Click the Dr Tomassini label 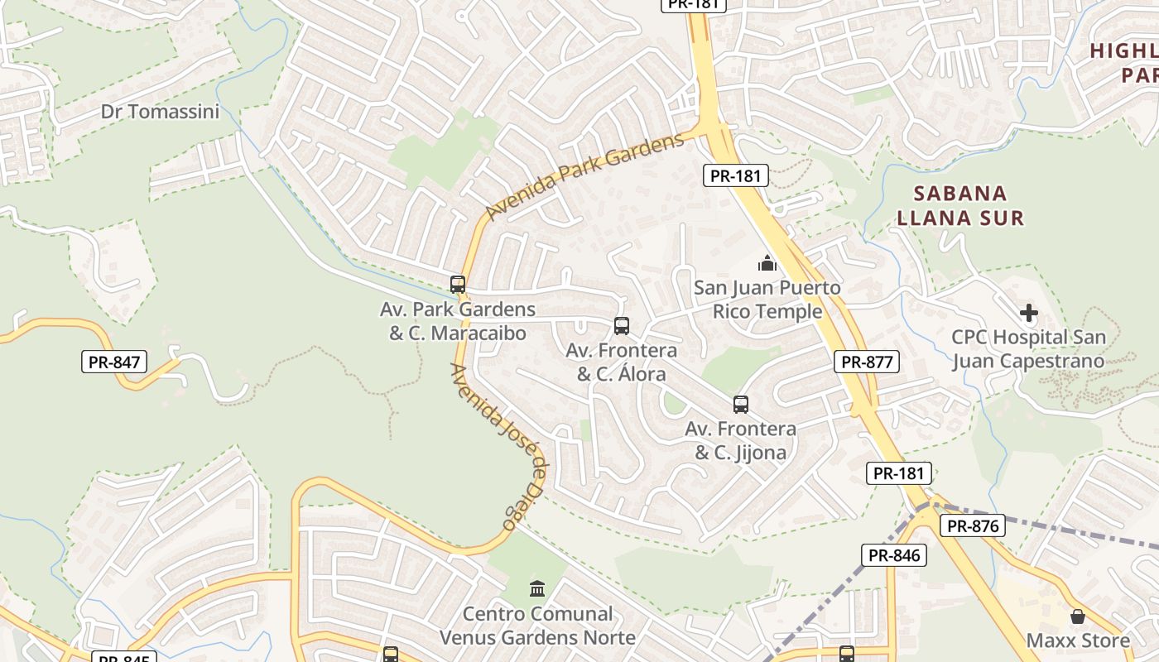[x=161, y=112]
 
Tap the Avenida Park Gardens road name [x=585, y=176]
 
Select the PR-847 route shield [x=114, y=362]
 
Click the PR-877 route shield [x=866, y=362]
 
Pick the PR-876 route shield [x=973, y=525]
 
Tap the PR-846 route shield [x=893, y=555]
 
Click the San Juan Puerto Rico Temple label [x=767, y=300]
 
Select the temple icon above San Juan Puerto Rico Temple [x=767, y=264]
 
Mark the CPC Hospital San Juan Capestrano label [x=1028, y=349]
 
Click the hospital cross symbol [x=1029, y=314]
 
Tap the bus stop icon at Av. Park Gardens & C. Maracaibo [x=458, y=285]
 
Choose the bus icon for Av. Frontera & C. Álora [x=622, y=326]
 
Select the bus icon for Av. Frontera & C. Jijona [x=741, y=405]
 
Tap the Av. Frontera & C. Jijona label [x=740, y=441]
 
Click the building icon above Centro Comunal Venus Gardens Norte [x=537, y=589]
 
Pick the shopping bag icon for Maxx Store [x=1078, y=616]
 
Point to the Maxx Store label [x=1078, y=640]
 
